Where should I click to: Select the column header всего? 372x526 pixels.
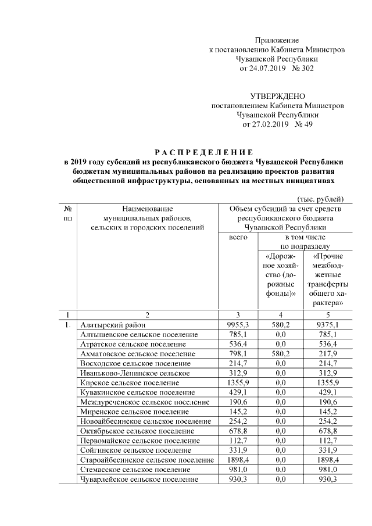tap(239, 238)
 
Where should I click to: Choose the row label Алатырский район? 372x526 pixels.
tap(113, 325)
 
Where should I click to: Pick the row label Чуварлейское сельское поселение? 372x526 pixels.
tap(139, 480)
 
